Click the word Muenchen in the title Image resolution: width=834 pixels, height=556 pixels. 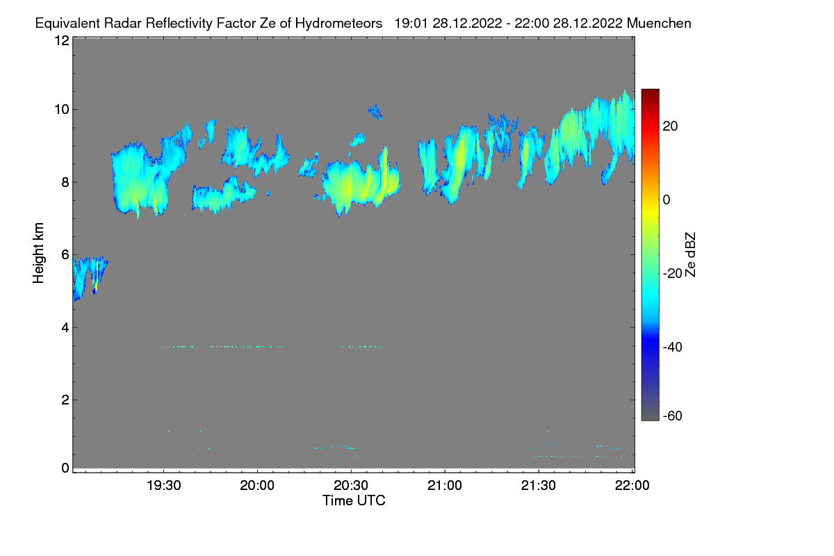click(659, 23)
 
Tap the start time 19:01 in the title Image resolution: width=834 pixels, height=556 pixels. click(410, 23)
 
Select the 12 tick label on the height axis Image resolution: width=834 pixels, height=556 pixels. click(61, 40)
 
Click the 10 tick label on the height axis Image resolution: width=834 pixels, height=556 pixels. click(61, 109)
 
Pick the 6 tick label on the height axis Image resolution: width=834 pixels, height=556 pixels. click(65, 255)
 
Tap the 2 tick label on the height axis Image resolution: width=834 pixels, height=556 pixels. click(65, 400)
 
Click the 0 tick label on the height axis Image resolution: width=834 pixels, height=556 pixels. click(65, 468)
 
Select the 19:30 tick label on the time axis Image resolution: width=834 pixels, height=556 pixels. click(163, 486)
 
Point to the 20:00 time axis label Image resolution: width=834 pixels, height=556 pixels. click(257, 486)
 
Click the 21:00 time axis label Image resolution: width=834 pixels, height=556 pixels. click(445, 486)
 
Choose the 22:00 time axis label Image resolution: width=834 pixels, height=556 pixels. click(632, 486)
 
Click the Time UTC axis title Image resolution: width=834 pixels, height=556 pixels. click(354, 500)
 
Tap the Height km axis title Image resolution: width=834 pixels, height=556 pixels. click(40, 253)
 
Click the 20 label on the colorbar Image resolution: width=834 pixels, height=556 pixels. click(671, 126)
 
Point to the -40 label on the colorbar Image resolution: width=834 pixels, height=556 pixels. click(673, 347)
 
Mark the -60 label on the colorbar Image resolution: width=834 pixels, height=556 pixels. click(673, 416)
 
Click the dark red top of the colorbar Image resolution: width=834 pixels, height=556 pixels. click(650, 92)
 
